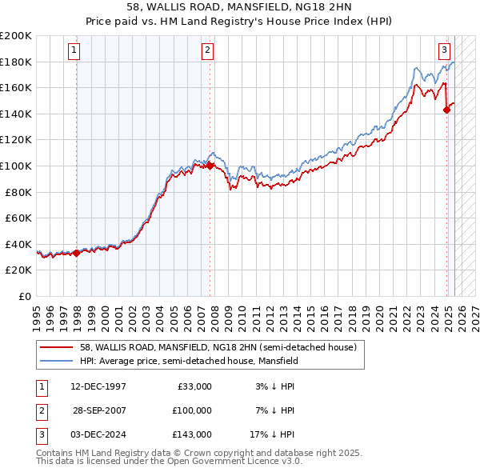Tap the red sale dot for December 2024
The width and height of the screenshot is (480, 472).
[447, 110]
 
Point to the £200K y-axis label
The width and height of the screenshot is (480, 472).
[16, 36]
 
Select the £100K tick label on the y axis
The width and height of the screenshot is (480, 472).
[16, 166]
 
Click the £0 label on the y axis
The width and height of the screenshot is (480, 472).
[25, 296]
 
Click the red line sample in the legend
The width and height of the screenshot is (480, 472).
[57, 348]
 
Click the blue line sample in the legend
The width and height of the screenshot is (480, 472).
[57, 361]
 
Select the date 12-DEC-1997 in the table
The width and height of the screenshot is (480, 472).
[98, 386]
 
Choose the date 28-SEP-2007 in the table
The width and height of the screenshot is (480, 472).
[100, 410]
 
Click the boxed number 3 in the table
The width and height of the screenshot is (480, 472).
[40, 434]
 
